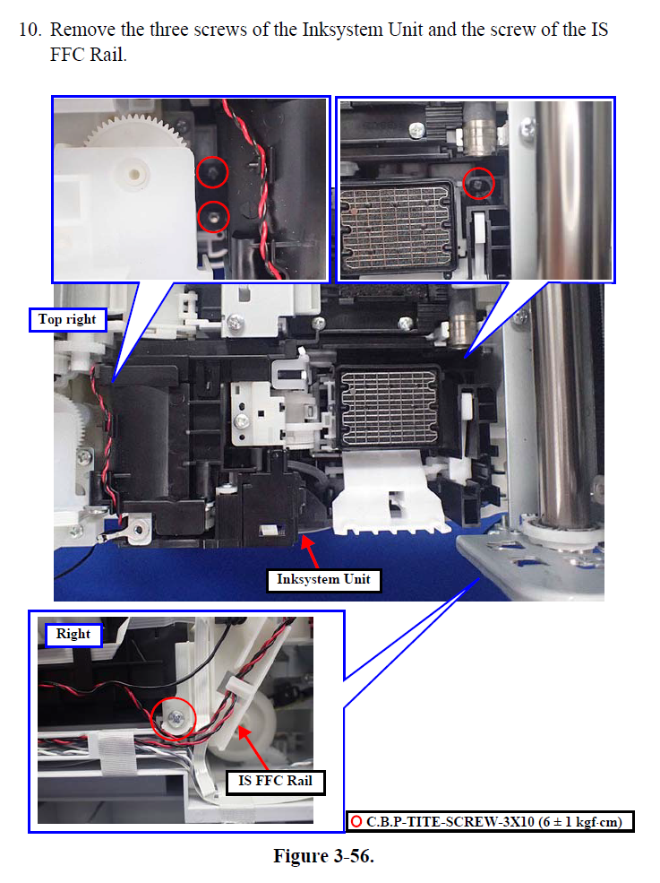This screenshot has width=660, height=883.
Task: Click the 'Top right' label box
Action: (x=67, y=319)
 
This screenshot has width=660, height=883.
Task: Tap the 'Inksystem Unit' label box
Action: (x=323, y=579)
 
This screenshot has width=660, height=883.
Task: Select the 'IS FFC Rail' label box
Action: (x=275, y=782)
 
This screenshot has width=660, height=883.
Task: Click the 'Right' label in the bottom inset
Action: (x=73, y=634)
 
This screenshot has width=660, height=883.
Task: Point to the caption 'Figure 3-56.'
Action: (x=323, y=856)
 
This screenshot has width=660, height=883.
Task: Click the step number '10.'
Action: (x=30, y=30)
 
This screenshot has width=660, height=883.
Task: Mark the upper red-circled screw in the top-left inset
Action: (x=212, y=172)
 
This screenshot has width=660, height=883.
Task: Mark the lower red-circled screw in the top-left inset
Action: (x=213, y=216)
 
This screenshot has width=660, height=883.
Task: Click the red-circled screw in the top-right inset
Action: (x=478, y=184)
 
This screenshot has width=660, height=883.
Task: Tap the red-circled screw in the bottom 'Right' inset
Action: (x=175, y=718)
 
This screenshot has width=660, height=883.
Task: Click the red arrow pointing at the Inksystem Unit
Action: (x=310, y=550)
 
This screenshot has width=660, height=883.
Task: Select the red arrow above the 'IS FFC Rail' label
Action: (x=253, y=748)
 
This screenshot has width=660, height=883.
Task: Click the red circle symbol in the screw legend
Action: (x=356, y=822)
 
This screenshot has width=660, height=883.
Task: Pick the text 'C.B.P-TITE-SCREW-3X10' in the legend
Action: (x=450, y=822)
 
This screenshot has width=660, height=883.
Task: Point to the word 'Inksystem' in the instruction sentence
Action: (x=343, y=30)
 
